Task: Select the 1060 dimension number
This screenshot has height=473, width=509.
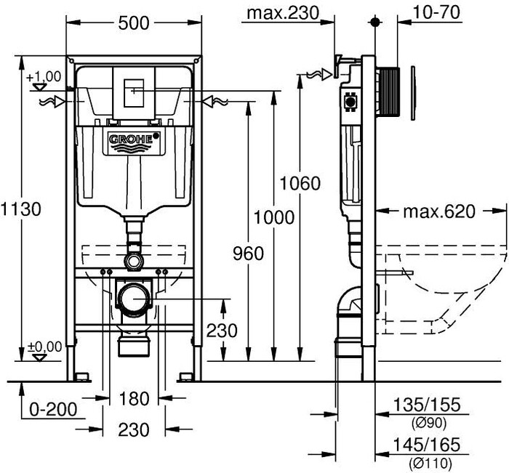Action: pyautogui.click(x=299, y=183)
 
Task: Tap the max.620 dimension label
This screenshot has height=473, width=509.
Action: pyautogui.click(x=438, y=211)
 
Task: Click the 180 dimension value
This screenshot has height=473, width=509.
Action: pyautogui.click(x=134, y=398)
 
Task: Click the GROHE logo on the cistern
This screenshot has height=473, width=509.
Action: pyautogui.click(x=133, y=139)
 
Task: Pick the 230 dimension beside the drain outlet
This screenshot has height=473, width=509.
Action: pyautogui.click(x=222, y=331)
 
